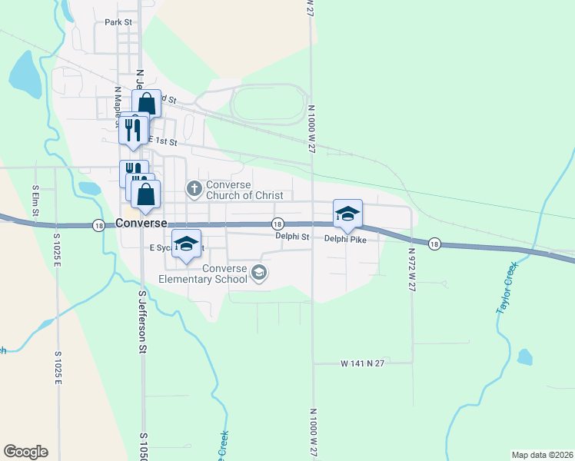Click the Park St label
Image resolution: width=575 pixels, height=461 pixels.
pyautogui.click(x=119, y=22)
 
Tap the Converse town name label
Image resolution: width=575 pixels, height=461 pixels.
pyautogui.click(x=141, y=224)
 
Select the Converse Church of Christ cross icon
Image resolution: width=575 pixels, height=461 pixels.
pyautogui.click(x=194, y=187)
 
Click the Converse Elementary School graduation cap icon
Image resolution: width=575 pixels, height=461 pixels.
pyautogui.click(x=259, y=272)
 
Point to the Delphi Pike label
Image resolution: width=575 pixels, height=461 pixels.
pyautogui.click(x=345, y=238)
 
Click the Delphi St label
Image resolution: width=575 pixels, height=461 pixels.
pyautogui.click(x=292, y=237)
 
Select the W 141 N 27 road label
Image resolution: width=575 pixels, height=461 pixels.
pyautogui.click(x=363, y=363)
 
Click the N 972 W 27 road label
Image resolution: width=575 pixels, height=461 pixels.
pyautogui.click(x=412, y=269)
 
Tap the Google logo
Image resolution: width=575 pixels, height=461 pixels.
pyautogui.click(x=25, y=452)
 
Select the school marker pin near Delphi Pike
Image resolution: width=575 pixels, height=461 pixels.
pyautogui.click(x=347, y=214)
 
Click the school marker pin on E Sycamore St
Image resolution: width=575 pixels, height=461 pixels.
pyautogui.click(x=186, y=244)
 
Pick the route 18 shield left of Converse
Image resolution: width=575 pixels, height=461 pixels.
pyautogui.click(x=98, y=225)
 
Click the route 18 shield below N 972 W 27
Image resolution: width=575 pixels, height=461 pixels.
pyautogui.click(x=434, y=243)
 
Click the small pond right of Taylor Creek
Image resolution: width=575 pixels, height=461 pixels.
pyautogui.click(x=525, y=357)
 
